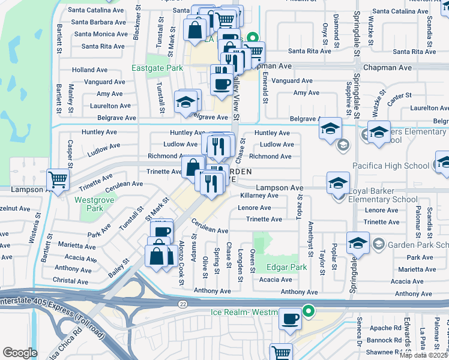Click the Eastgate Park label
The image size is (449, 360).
tap(157, 68)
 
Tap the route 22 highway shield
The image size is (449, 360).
tap(182, 304)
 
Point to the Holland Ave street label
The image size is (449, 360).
tap(90, 70)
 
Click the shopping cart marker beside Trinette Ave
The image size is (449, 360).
tap(58, 179)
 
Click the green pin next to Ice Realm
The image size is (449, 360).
tap(309, 311)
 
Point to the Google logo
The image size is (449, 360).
tap(20, 352)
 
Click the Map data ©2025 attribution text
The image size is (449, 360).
tap(423, 355)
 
